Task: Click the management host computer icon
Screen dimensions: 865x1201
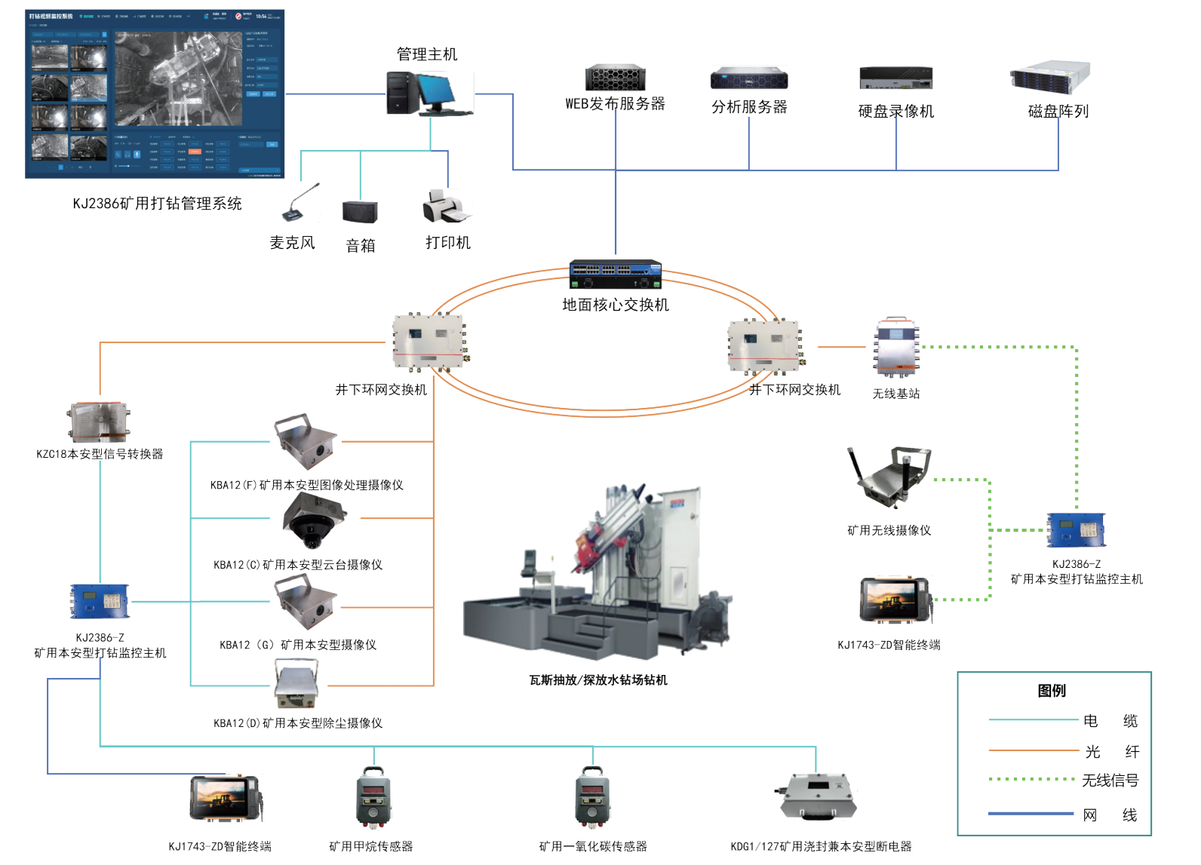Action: click(x=428, y=94)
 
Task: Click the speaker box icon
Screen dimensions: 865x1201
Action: click(x=360, y=212)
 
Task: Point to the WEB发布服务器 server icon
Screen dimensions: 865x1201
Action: click(x=615, y=78)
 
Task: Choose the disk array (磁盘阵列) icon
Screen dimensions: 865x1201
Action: click(x=1050, y=78)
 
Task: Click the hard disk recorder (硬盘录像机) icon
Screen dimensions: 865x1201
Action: click(x=895, y=78)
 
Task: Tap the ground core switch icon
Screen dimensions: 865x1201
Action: click(x=615, y=275)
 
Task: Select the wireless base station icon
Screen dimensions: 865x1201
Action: click(x=896, y=347)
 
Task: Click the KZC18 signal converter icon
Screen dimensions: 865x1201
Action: click(x=100, y=422)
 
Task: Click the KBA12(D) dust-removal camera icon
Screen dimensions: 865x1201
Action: click(x=296, y=684)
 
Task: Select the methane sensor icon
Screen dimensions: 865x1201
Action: click(x=373, y=798)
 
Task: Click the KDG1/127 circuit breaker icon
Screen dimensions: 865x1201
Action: click(x=817, y=796)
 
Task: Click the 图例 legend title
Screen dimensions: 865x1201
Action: click(x=1052, y=691)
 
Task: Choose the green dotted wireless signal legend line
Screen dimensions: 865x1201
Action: click(x=1031, y=779)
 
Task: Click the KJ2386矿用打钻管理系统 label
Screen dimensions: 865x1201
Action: click(x=157, y=204)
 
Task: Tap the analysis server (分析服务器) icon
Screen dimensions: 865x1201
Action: click(x=748, y=78)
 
